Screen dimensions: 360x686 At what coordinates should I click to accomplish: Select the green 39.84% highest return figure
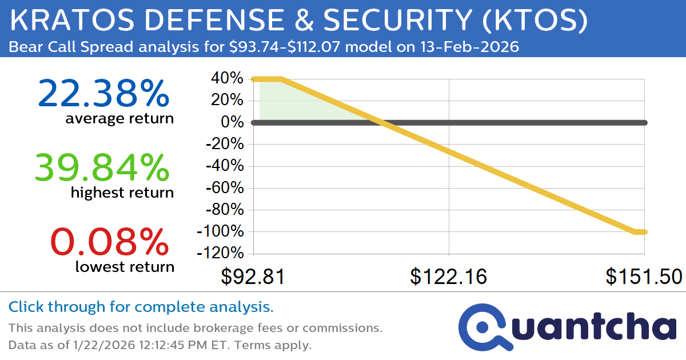[102, 167]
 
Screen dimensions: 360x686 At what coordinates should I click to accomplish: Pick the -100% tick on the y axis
[221, 232]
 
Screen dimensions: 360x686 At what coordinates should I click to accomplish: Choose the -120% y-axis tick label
[221, 254]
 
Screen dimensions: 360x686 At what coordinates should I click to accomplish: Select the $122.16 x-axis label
[449, 277]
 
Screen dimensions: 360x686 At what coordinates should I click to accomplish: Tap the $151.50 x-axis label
[644, 277]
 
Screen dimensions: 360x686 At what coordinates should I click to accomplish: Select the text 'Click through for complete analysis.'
[141, 307]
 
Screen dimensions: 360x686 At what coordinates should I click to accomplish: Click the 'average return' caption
[119, 119]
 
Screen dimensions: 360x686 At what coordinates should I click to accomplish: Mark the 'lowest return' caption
[125, 266]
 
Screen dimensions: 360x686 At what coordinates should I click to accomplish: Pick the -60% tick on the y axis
[224, 188]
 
